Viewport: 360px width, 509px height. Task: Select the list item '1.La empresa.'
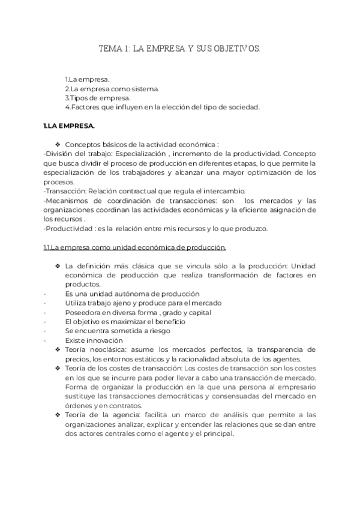click(x=88, y=79)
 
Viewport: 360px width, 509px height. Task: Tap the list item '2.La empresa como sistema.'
click(x=112, y=89)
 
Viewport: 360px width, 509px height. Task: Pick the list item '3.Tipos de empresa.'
click(x=97, y=98)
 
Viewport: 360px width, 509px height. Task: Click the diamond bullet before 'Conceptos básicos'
click(x=58, y=145)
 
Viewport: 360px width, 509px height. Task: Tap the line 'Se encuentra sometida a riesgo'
click(x=118, y=331)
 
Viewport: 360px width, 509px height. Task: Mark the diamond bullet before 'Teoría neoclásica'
click(x=58, y=349)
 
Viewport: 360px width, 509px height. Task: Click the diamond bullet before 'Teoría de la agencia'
click(x=58, y=415)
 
